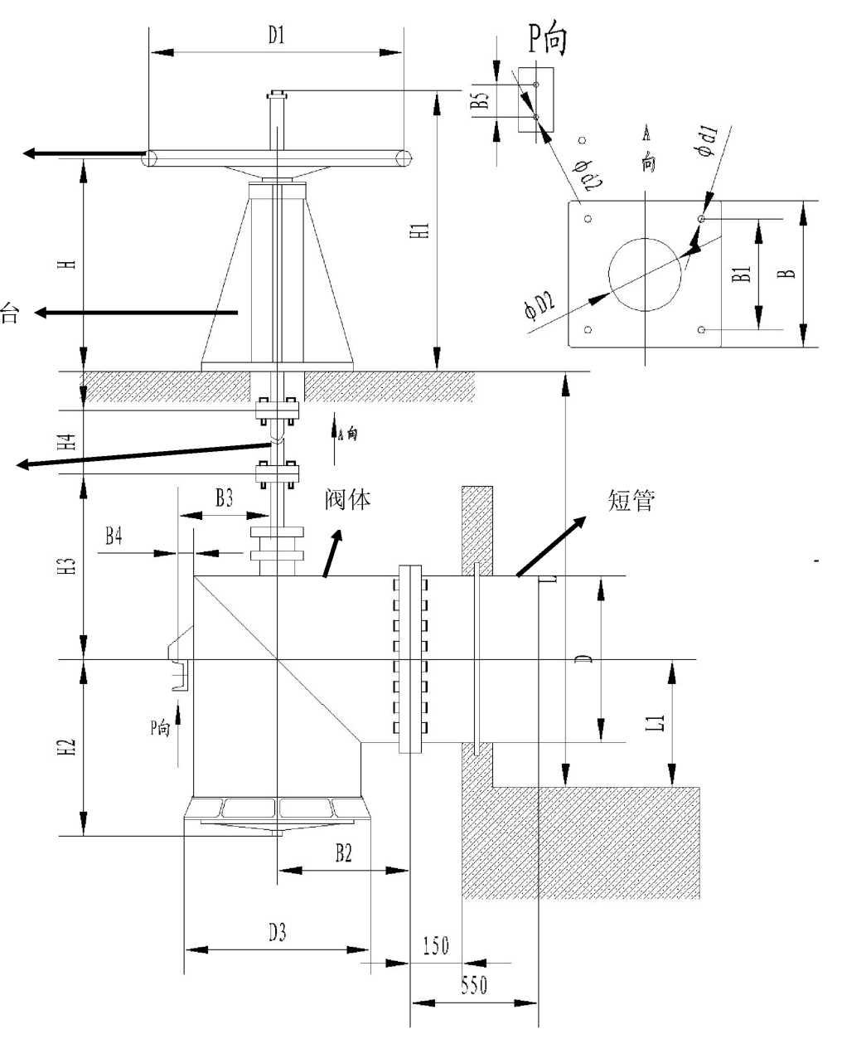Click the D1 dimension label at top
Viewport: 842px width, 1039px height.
click(276, 36)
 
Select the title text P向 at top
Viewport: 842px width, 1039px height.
click(548, 38)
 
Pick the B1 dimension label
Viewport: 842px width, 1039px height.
click(743, 274)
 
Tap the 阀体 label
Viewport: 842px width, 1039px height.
click(348, 499)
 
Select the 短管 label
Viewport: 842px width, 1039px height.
click(632, 500)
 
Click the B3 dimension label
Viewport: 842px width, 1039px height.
click(224, 498)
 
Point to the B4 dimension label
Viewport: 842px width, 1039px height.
click(114, 536)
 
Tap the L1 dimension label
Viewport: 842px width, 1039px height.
click(656, 721)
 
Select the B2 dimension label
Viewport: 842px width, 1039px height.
click(343, 853)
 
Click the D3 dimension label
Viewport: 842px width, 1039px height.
click(277, 933)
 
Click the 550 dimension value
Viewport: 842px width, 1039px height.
click(474, 985)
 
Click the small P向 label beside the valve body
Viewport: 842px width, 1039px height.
click(160, 728)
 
